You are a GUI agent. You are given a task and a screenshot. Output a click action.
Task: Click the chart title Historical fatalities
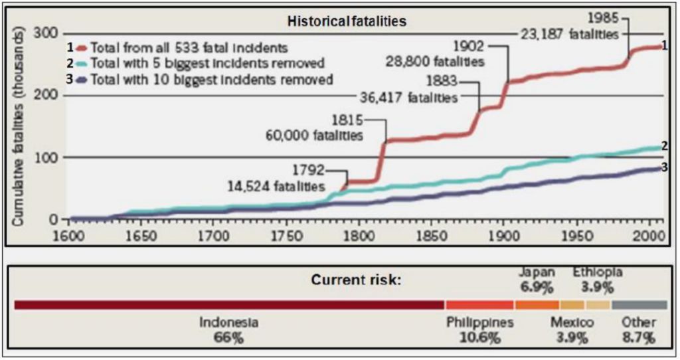pos(347,21)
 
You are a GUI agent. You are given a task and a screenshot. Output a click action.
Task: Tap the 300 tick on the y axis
pos(50,33)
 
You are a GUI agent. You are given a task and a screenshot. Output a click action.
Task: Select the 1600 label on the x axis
pos(70,235)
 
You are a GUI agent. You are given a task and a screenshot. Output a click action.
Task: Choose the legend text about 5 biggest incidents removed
pos(208,64)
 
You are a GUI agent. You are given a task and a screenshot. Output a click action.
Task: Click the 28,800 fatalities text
pos(435,61)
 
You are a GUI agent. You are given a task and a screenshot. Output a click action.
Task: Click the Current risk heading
pos(356,280)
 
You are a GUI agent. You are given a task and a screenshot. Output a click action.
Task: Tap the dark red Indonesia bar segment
pos(229,305)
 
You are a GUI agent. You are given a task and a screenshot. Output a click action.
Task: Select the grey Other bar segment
pos(639,305)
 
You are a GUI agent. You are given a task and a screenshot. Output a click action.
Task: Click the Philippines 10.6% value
pos(479,337)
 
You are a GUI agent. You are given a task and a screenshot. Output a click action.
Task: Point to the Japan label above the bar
pos(539,272)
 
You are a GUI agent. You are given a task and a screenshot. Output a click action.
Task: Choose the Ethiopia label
pos(598,272)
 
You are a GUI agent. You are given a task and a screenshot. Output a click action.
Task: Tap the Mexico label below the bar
pos(572,322)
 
